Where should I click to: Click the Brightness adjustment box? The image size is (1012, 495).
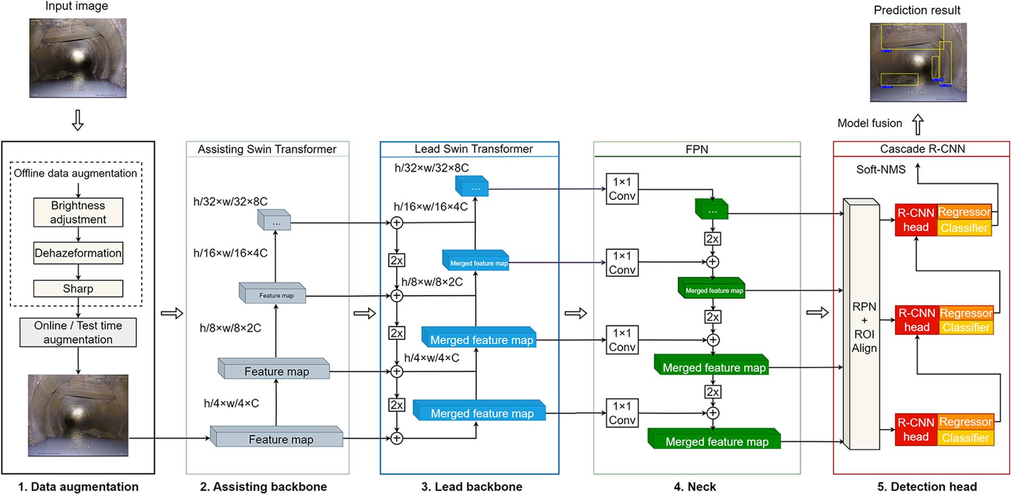pyautogui.click(x=78, y=212)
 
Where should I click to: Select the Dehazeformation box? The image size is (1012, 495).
pyautogui.click(x=78, y=253)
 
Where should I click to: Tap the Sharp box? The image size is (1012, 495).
pyautogui.click(x=78, y=289)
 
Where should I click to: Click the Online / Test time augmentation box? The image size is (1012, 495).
pyautogui.click(x=78, y=333)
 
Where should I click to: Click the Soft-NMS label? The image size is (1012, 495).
pyautogui.click(x=881, y=170)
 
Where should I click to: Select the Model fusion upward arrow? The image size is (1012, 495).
pyautogui.click(x=917, y=125)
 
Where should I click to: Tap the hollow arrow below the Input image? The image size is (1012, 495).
pyautogui.click(x=78, y=120)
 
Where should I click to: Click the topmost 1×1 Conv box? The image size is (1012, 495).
pyautogui.click(x=622, y=189)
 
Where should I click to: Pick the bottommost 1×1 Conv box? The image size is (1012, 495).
pyautogui.click(x=622, y=413)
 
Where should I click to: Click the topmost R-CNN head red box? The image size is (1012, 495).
pyautogui.click(x=916, y=220)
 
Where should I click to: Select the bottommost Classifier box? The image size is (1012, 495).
pyautogui.click(x=966, y=438)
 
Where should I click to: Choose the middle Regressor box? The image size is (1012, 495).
pyautogui.click(x=966, y=313)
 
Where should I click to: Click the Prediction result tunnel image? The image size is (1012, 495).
pyautogui.click(x=918, y=62)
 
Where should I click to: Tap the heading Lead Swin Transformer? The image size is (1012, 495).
pyautogui.click(x=474, y=149)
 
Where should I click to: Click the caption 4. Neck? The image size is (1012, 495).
pyautogui.click(x=694, y=487)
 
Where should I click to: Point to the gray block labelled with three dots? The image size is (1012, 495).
pyautogui.click(x=275, y=220)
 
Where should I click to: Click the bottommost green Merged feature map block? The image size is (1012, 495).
pyautogui.click(x=715, y=440)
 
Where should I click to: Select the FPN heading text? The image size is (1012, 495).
pyautogui.click(x=697, y=150)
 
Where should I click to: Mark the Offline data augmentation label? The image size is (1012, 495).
pyautogui.click(x=75, y=173)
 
